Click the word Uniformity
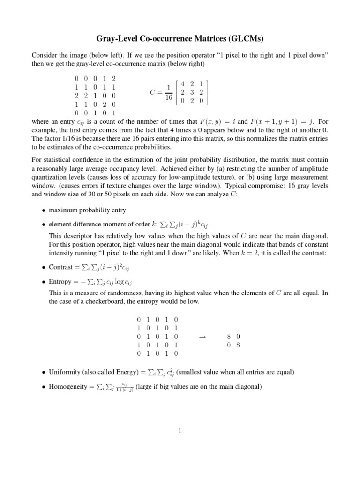pos(65,372)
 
